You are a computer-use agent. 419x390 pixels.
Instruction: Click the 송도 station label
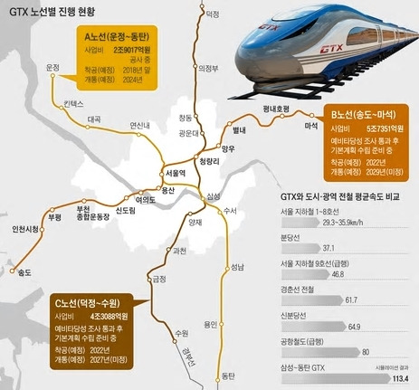tap(24, 271)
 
